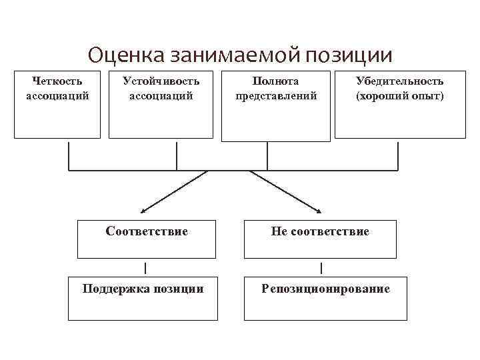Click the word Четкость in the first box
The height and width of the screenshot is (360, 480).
(x=57, y=81)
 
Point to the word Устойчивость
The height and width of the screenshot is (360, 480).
(x=161, y=81)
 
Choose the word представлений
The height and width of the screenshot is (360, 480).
(x=275, y=95)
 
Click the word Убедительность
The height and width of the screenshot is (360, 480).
(x=399, y=81)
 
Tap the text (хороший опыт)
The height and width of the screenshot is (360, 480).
(x=399, y=95)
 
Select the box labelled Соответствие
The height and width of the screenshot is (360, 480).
(x=147, y=239)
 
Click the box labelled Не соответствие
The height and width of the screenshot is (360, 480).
(x=319, y=239)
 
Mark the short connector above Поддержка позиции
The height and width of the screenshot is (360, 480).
(x=146, y=268)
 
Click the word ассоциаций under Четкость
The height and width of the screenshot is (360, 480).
(x=57, y=95)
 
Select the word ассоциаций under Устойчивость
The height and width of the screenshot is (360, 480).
(x=161, y=95)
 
